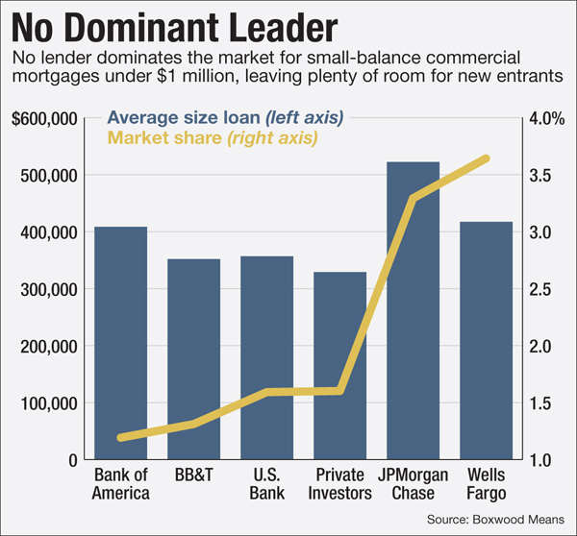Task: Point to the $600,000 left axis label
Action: tap(44, 119)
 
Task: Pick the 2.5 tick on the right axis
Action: tap(541, 289)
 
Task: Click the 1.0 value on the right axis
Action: tap(541, 460)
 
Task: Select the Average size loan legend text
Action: tap(225, 117)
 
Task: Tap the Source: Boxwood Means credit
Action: tap(495, 519)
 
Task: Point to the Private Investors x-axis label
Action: tap(339, 484)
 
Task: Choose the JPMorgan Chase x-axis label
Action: tap(413, 484)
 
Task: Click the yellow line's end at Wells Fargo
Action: tap(486, 158)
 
